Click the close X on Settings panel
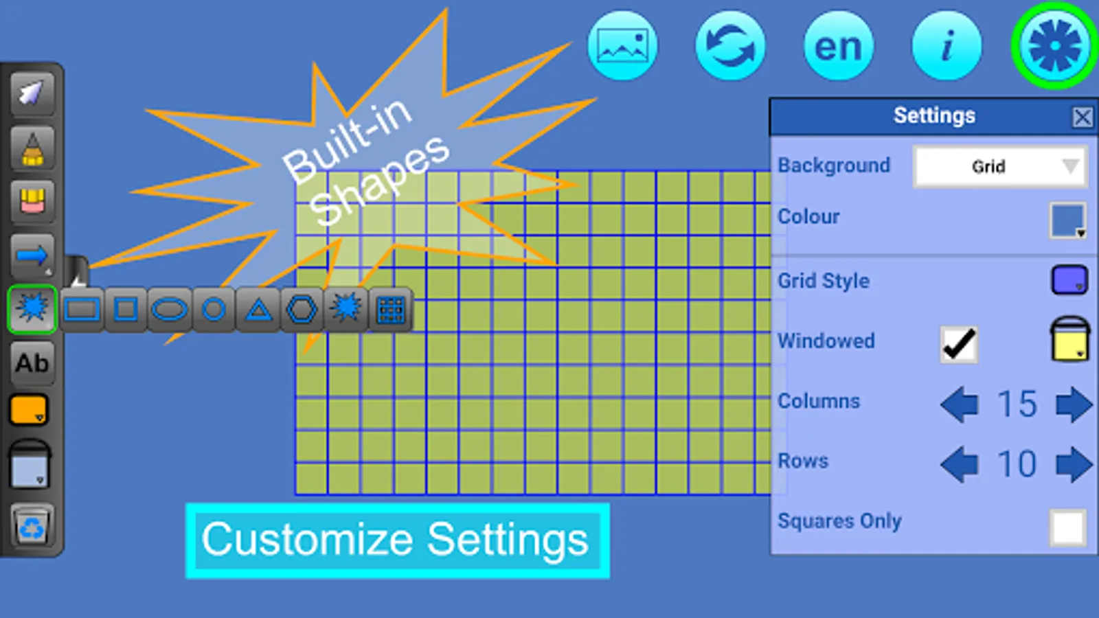(x=1082, y=117)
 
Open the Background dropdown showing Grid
(x=1000, y=166)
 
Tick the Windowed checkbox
(x=958, y=343)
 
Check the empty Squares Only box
(x=1067, y=527)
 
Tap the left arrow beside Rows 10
(x=960, y=463)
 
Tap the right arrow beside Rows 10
(x=1074, y=463)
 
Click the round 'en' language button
(x=838, y=46)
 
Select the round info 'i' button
(x=947, y=46)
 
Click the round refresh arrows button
(x=730, y=46)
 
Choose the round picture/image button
(x=622, y=46)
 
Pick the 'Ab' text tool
(x=32, y=363)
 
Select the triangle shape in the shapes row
(x=258, y=310)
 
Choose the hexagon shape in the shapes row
(x=302, y=310)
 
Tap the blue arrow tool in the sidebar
(x=32, y=256)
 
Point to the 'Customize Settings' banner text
(x=396, y=540)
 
